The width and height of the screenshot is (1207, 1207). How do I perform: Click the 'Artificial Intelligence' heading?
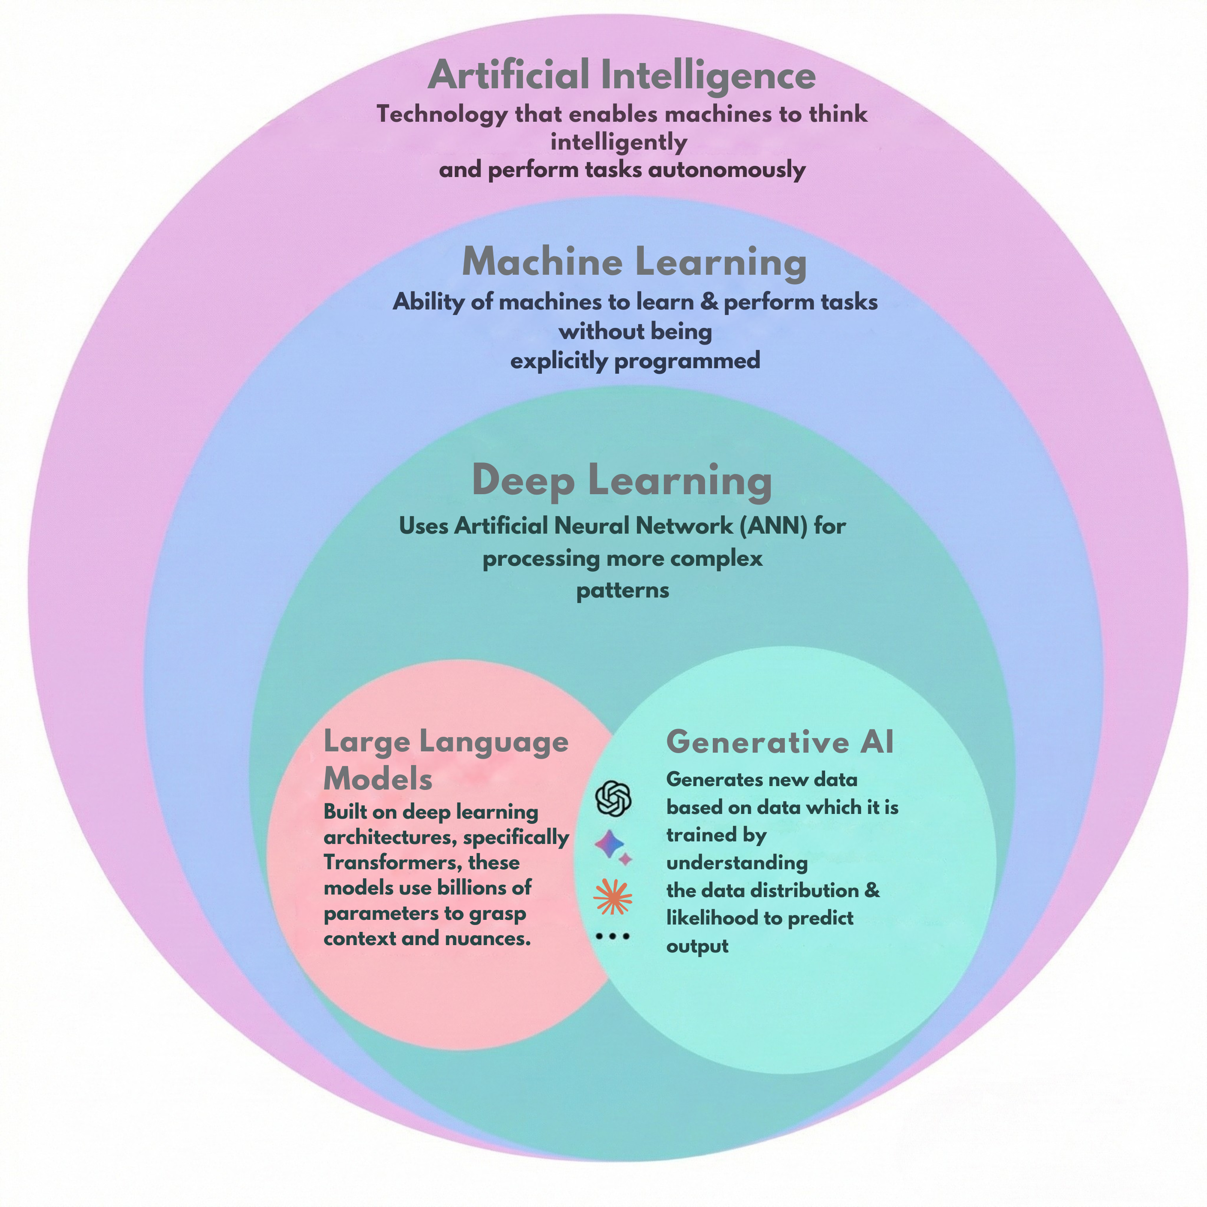coord(622,75)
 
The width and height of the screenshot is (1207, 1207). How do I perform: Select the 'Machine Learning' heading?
coord(634,262)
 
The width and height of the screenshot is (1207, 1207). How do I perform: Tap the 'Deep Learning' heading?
coord(622,480)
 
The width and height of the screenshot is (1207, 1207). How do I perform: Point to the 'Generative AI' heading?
coord(780,742)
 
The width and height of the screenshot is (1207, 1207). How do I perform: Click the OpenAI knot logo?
coord(613,799)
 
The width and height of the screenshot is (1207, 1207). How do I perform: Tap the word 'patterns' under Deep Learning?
coord(622,590)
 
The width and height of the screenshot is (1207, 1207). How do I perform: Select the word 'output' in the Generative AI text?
coord(697,946)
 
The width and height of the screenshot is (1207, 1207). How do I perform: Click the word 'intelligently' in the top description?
coord(619,142)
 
